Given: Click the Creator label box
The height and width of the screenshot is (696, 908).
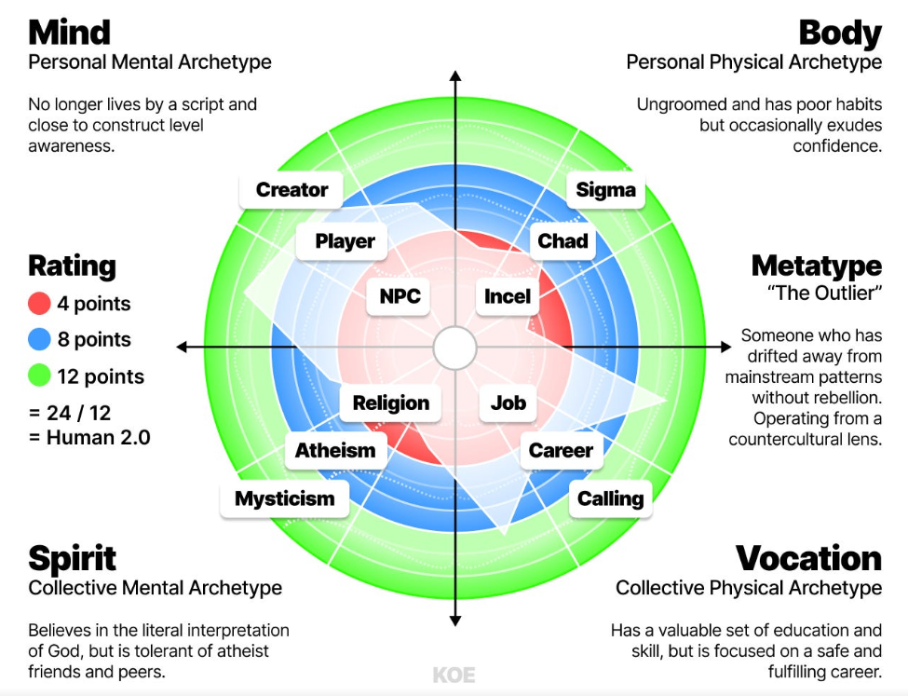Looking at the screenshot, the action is [291, 190].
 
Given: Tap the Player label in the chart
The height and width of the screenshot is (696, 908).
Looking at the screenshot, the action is [345, 241].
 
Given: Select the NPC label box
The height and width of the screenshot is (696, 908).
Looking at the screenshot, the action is [400, 297].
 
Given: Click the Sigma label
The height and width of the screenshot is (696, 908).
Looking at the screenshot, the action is [605, 190].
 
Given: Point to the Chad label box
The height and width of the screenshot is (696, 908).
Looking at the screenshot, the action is [562, 241].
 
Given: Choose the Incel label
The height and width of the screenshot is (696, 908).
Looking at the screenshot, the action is [508, 297].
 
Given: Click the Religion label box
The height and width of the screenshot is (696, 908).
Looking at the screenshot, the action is [391, 403].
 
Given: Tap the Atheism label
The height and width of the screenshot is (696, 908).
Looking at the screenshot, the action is [335, 451].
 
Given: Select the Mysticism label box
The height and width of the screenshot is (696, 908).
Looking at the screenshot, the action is [284, 498].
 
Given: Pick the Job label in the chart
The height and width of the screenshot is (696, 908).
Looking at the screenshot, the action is [508, 403].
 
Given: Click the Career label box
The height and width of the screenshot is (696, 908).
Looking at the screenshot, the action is [561, 451].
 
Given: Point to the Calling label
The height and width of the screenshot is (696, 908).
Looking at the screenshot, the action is [610, 498].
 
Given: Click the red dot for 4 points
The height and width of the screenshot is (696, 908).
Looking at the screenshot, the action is [39, 304].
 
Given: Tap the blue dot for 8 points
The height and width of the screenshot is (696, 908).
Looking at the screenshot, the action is [39, 340].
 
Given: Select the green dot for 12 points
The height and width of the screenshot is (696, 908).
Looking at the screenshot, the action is [39, 376].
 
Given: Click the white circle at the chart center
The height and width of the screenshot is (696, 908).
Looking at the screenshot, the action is [454, 348].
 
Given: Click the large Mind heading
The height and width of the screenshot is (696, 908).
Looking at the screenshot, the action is [70, 33].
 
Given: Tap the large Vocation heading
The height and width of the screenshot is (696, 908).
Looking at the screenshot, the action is [808, 558].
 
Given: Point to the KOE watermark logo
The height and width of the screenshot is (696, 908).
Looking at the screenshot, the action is [454, 676].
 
